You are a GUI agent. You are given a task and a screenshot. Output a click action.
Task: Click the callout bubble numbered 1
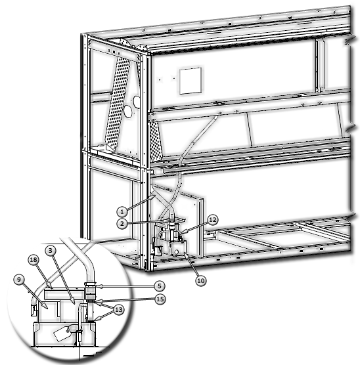122,211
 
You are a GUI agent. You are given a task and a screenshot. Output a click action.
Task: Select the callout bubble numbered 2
122,224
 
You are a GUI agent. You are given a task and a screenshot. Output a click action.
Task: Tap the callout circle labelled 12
212,220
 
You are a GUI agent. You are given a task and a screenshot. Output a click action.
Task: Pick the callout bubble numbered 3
50,251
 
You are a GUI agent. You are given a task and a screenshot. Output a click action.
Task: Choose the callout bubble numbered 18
34,261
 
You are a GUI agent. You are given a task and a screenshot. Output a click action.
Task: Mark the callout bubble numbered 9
18,279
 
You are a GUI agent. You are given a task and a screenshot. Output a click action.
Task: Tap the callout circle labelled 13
119,310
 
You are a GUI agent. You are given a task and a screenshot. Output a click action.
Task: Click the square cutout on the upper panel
189,81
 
